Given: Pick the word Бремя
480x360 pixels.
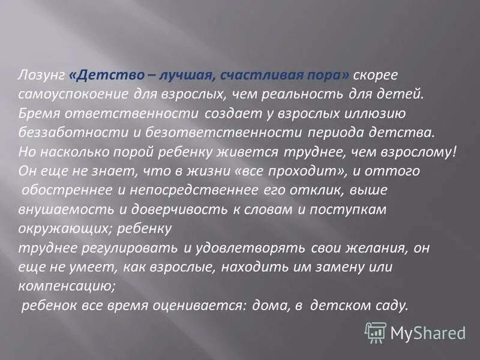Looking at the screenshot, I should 37,113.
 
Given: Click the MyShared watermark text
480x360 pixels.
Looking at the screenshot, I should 428,332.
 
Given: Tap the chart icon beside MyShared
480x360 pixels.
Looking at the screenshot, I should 376,331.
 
